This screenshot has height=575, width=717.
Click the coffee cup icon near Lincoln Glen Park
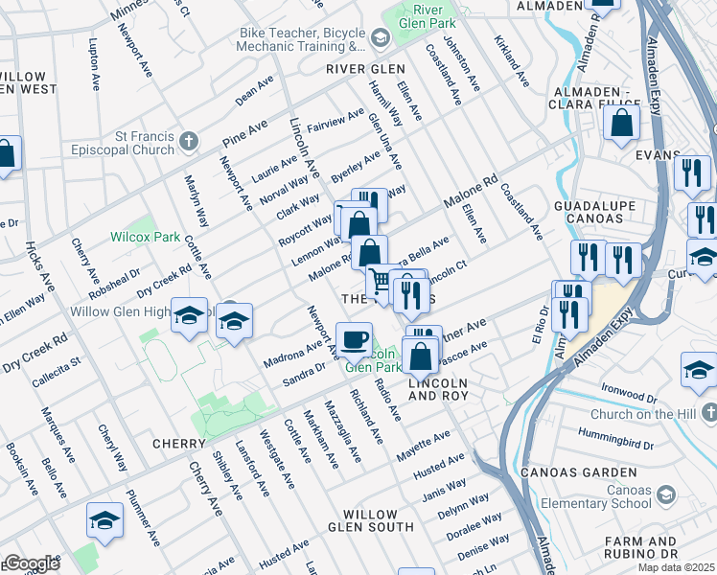pos(354,338)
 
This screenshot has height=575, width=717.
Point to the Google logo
pos(31,563)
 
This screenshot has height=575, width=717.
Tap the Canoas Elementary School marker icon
pos(666,494)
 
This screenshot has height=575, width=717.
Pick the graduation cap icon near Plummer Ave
pos(104,519)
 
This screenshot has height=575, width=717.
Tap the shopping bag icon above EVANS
pos(622,123)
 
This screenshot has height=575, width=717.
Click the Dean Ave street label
pos(254,92)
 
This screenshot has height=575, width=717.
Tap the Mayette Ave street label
pos(423,442)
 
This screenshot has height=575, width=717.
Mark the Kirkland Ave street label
pos(512,60)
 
